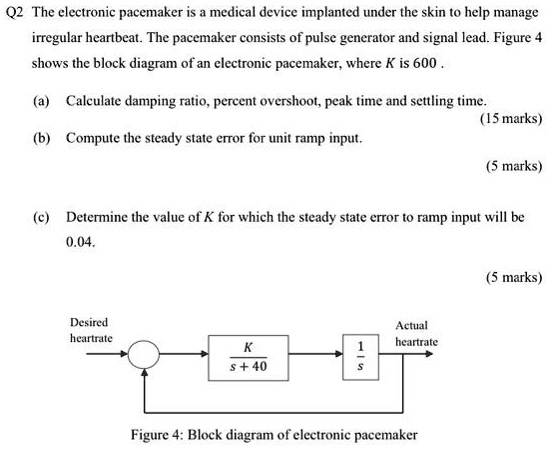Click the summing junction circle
(x=147, y=355)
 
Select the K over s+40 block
(x=248, y=356)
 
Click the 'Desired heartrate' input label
(x=90, y=331)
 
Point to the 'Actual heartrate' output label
(x=411, y=333)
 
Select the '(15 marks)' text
(x=510, y=118)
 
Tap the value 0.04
(x=78, y=241)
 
